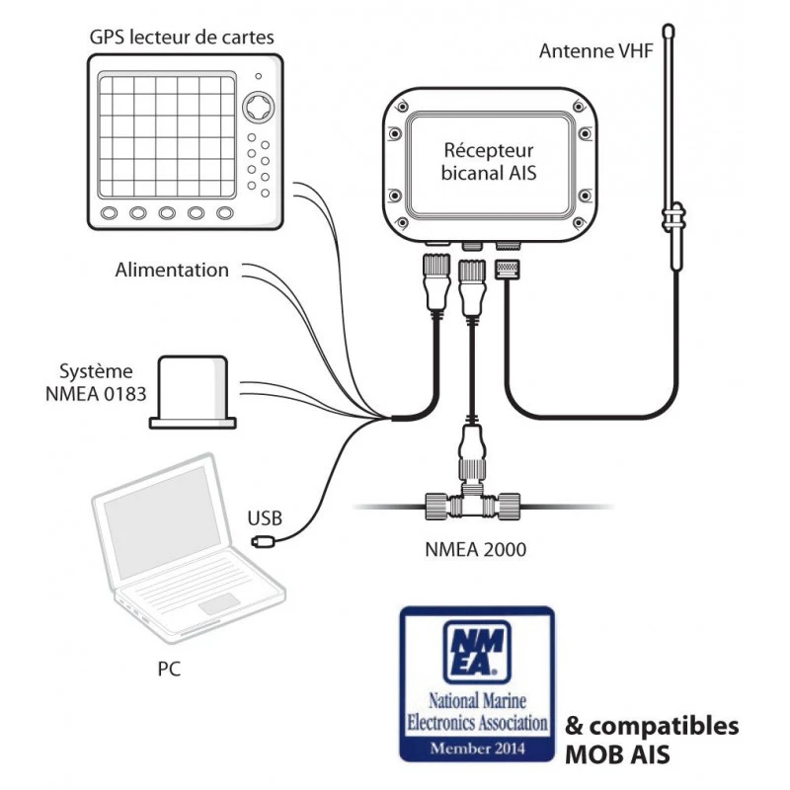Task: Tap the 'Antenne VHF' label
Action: tap(595, 50)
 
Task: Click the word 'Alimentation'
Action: tap(172, 270)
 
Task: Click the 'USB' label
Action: tap(265, 516)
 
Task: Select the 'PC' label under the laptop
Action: tap(169, 670)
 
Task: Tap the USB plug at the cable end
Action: tap(262, 540)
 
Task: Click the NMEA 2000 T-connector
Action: tap(473, 506)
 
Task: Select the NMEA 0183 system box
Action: tap(194, 393)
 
